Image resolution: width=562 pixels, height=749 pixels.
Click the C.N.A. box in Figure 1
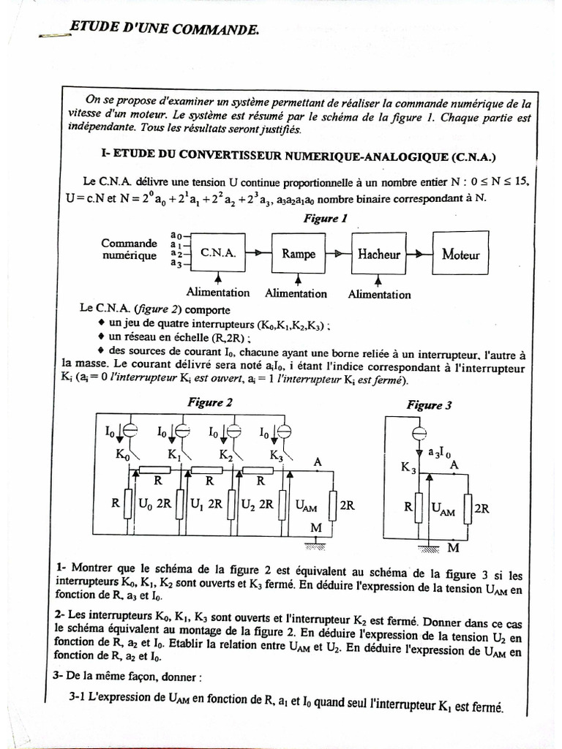click(x=218, y=253)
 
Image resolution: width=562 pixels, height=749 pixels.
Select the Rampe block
click(x=299, y=254)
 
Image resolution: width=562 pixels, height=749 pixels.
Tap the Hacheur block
click(x=379, y=254)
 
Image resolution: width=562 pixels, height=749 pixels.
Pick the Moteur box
click(x=460, y=255)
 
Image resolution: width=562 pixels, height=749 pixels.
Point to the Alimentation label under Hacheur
click(x=379, y=295)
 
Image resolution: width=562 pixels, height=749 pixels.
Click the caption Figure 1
click(x=325, y=218)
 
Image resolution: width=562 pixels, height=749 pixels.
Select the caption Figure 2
click(x=211, y=402)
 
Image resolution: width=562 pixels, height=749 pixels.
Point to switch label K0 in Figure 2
click(x=121, y=454)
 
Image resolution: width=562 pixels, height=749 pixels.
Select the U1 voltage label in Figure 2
click(x=197, y=504)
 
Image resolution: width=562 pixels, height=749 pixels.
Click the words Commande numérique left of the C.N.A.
click(x=129, y=249)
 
